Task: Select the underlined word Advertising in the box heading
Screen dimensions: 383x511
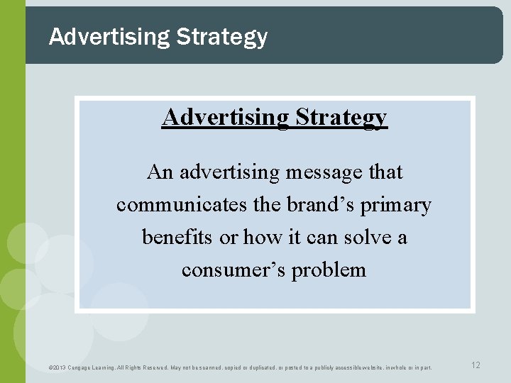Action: click(223, 117)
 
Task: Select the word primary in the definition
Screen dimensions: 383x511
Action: click(396, 206)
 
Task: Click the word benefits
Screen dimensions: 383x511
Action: click(177, 238)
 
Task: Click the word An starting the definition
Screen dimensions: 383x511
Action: click(160, 172)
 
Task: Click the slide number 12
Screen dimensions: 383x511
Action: click(476, 365)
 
